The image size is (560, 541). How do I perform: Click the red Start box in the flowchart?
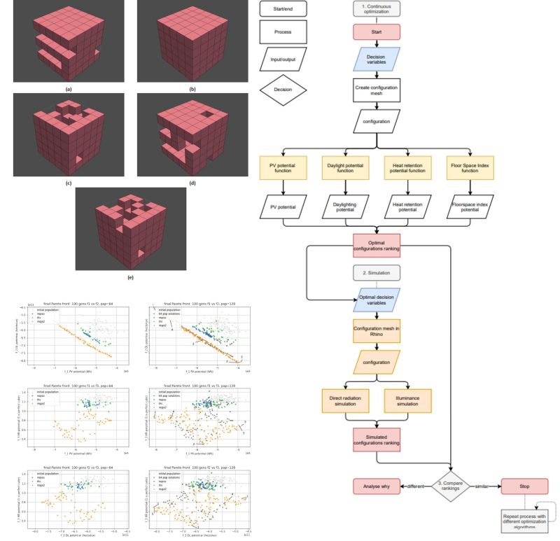coord(377,32)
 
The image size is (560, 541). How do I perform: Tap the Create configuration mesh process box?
coord(377,90)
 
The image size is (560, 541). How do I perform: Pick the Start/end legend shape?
coord(283,9)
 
